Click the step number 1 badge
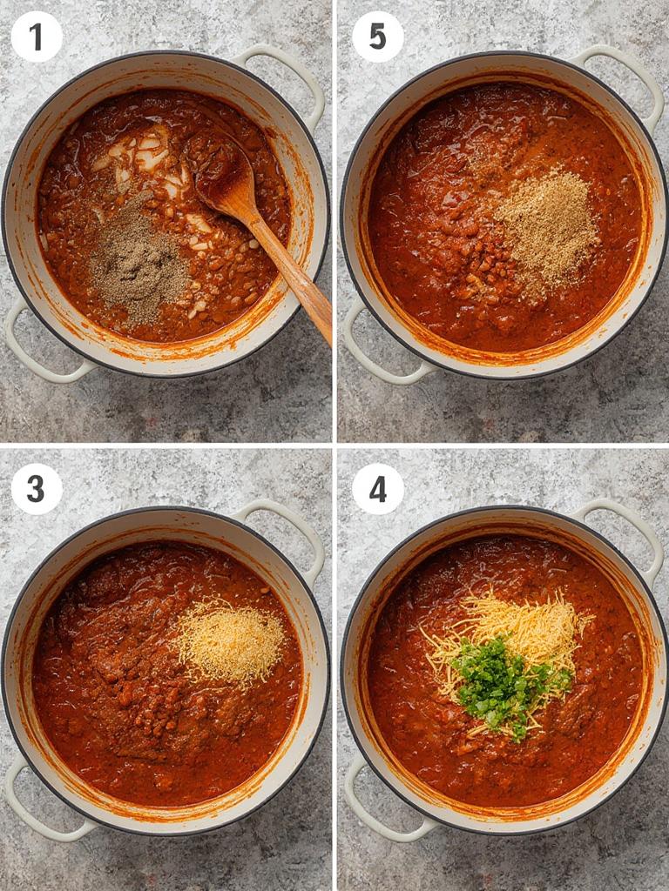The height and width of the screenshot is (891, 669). tap(36, 37)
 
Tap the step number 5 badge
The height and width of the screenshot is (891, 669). tap(377, 37)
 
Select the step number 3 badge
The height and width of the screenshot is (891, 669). tap(36, 489)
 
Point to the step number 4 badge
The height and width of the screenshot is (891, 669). tap(377, 489)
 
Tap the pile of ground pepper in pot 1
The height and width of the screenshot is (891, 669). tap(138, 261)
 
